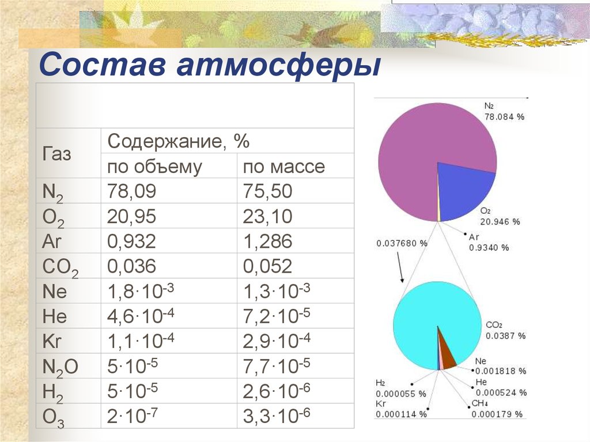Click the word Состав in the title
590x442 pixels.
click(x=103, y=65)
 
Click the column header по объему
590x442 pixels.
click(x=154, y=167)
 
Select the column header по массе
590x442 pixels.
click(x=283, y=167)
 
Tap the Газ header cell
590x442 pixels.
click(x=56, y=154)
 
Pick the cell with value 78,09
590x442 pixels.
click(x=131, y=191)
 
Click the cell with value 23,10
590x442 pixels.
click(x=267, y=217)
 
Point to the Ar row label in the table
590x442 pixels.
click(x=51, y=241)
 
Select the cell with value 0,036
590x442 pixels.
click(x=131, y=266)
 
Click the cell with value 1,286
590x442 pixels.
click(x=267, y=241)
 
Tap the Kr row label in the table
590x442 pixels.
click(x=51, y=341)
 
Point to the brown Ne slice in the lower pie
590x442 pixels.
click(x=447, y=354)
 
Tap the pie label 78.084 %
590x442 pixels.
click(x=504, y=117)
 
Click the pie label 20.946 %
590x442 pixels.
click(x=500, y=222)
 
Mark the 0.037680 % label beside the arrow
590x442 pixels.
click(x=402, y=244)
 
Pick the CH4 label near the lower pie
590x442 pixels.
click(x=480, y=403)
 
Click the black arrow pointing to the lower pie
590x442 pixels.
click(x=400, y=267)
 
